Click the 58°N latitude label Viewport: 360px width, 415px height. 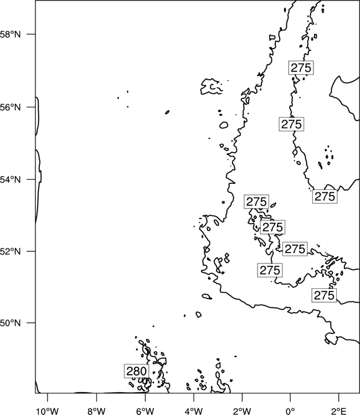(11, 34)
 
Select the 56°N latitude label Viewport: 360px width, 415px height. (11, 107)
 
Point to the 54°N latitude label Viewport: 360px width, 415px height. (11, 180)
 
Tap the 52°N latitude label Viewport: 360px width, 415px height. (11, 251)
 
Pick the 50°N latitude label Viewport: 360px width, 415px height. (11, 323)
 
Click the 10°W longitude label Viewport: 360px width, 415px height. (48, 411)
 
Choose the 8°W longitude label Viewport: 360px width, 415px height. (96, 411)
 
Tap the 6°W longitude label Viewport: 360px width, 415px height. (145, 411)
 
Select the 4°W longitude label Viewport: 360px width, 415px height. (194, 411)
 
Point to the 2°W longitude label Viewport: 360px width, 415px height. (243, 411)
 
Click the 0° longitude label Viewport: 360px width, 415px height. (291, 411)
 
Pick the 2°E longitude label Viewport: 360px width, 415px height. (339, 411)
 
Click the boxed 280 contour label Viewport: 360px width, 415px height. (136, 371)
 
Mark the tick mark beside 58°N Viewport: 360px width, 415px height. (31, 34)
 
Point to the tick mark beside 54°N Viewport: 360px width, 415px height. (31, 179)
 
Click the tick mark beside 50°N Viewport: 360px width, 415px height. (31, 323)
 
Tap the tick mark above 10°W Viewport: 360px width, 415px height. (48, 397)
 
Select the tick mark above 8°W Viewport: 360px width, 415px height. (96, 397)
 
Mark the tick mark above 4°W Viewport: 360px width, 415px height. (194, 397)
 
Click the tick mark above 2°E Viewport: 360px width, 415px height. (339, 397)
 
